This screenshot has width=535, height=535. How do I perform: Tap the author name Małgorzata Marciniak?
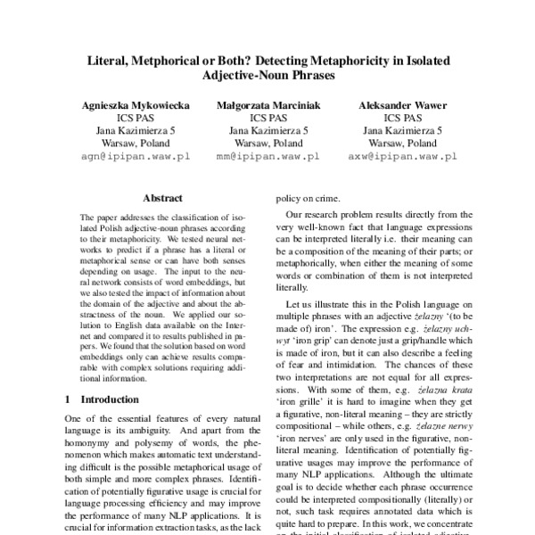point(267,104)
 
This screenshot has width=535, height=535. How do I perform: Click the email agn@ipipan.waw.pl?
point(135,155)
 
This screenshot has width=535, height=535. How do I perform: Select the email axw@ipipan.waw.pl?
point(402,155)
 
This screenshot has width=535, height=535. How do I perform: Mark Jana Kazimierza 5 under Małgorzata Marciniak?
point(267,130)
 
